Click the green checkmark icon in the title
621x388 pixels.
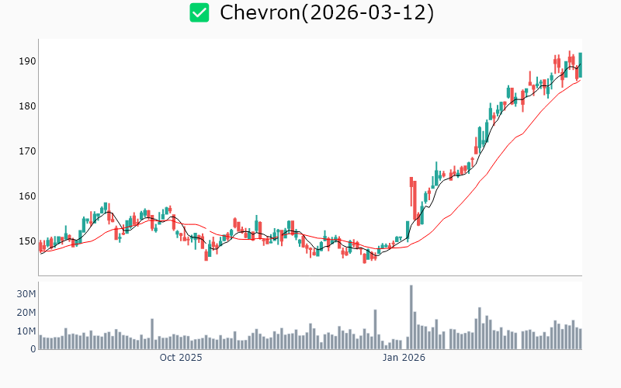199,12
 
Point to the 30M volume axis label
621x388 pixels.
26,293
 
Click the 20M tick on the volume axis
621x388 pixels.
26,312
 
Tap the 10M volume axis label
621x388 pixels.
26,331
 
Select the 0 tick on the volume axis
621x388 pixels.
33,349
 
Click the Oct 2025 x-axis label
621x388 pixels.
180,358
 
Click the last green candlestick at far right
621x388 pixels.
580,65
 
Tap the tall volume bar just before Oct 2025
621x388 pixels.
152,334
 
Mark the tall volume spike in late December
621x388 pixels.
375,330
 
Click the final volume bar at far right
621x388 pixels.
580,339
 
